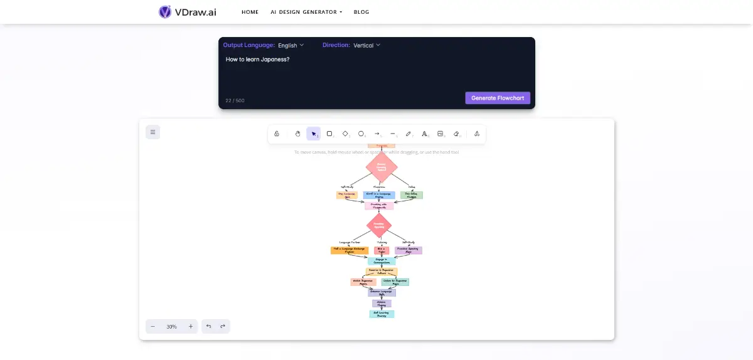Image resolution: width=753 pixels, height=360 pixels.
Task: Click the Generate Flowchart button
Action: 498,98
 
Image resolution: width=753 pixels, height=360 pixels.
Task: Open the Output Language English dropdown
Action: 291,45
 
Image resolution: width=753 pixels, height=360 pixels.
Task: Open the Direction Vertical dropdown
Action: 366,45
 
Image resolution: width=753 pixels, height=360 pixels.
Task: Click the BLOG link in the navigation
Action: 361,12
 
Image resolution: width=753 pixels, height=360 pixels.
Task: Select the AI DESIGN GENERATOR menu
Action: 306,12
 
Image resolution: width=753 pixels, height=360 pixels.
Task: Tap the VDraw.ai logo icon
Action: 165,12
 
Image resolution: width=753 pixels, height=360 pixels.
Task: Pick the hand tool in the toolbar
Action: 298,134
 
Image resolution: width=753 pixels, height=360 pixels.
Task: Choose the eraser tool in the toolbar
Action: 456,134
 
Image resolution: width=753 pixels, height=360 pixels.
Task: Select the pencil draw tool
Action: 409,134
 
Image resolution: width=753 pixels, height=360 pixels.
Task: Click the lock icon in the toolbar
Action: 277,134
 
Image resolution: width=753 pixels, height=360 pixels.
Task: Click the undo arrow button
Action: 209,326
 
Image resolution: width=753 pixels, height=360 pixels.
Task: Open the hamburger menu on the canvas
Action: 152,132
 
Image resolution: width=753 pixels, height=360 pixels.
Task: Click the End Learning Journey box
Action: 382,314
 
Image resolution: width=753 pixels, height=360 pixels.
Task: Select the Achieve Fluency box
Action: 382,304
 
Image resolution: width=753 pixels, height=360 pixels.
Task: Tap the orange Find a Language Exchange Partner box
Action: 344,250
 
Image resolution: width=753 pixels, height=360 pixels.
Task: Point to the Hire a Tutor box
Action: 382,250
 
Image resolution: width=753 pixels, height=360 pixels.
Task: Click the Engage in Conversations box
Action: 382,260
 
